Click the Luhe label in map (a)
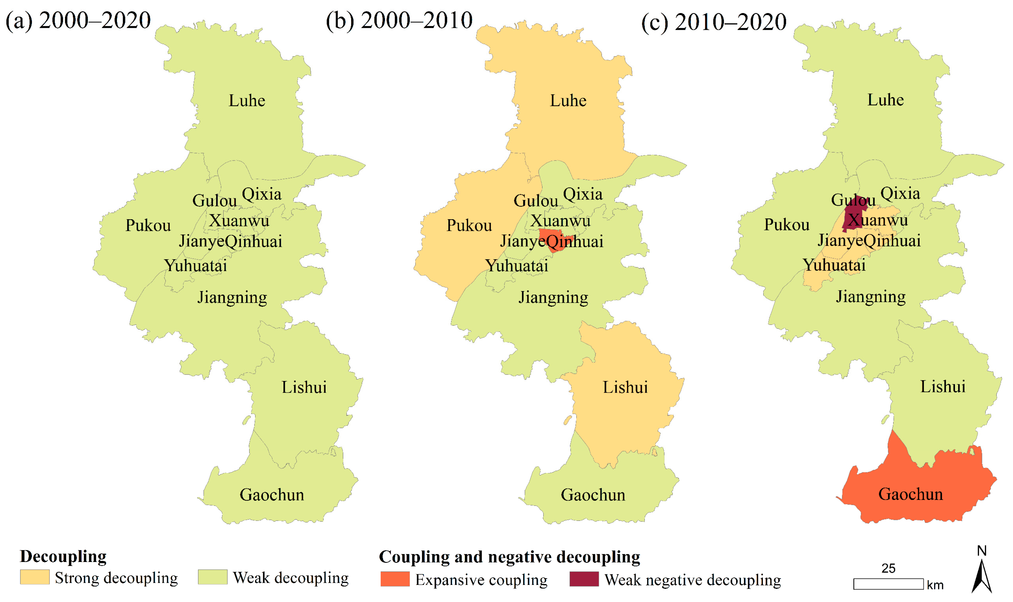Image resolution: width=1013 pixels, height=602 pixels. pos(247,101)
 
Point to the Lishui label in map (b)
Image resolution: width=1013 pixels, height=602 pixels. pos(625,387)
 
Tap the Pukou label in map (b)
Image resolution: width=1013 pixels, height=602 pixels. pos(469,226)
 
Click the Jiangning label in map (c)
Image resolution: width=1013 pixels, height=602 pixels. pos(871,297)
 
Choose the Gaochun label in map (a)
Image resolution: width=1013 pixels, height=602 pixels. pos(272,495)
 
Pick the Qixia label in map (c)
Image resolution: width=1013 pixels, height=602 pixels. pos(900,193)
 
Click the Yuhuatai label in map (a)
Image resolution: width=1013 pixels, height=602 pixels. pos(195,266)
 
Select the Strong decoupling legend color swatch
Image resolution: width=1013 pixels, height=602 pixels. pos(35,577)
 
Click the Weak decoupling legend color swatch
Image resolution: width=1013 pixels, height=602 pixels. pos(212,577)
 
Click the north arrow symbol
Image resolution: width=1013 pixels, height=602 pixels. pos(981,576)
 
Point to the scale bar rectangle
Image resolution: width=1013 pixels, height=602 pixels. pos(888,584)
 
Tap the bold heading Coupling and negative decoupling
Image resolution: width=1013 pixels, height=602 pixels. pos(509,557)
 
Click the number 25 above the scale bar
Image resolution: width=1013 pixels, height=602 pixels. pos(888,568)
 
